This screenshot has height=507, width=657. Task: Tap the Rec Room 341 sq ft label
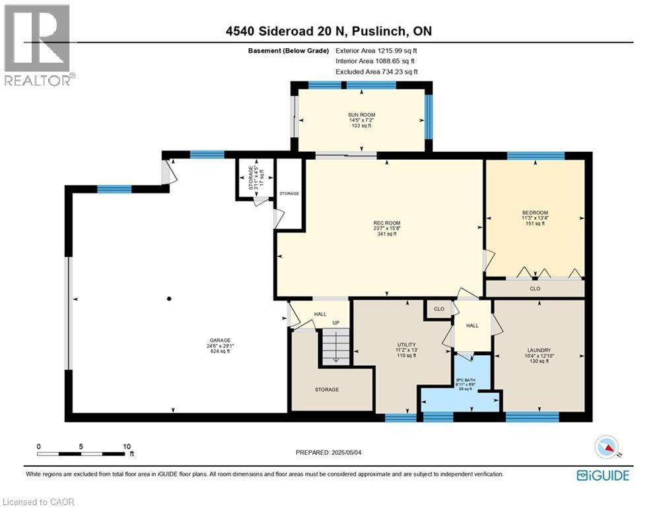click(x=387, y=228)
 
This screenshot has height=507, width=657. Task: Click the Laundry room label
click(x=539, y=355)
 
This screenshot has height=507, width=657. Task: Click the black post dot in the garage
click(x=170, y=299)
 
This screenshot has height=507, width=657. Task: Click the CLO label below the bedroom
click(x=536, y=288)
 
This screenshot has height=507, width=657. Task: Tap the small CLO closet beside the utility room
click(x=438, y=309)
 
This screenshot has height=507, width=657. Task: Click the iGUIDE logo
click(x=603, y=475)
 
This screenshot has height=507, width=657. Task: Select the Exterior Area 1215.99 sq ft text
click(x=376, y=50)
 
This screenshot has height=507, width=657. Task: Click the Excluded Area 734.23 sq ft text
click(x=376, y=71)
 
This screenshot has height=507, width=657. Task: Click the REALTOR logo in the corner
click(x=38, y=44)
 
